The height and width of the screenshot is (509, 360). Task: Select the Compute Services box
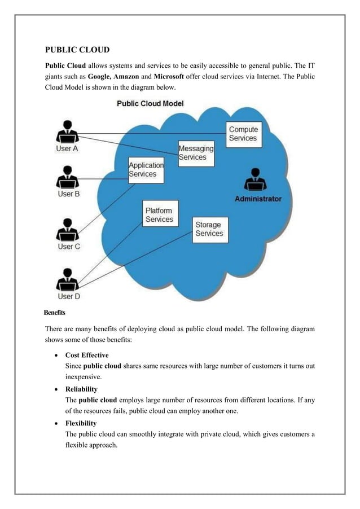tap(243, 134)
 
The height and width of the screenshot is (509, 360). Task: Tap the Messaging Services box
tap(196, 153)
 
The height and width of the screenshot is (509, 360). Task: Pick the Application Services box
tap(146, 170)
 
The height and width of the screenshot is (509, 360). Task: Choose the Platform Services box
tap(160, 214)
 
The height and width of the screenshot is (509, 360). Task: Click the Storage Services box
tap(209, 229)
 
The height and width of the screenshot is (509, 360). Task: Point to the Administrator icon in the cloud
tap(255, 181)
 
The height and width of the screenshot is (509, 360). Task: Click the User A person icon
tap(68, 132)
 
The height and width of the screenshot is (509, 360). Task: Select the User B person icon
tap(68, 177)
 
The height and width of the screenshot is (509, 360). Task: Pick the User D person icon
tap(68, 279)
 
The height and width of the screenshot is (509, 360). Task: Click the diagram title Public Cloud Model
tap(150, 104)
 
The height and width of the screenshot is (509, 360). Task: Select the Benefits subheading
tap(55, 312)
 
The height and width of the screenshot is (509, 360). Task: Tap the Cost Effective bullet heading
tap(87, 355)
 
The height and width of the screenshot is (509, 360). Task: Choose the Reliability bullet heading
tap(81, 389)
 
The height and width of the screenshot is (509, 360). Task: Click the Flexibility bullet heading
tap(81, 423)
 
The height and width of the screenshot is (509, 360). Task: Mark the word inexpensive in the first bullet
tap(84, 376)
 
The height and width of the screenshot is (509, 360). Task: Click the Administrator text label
tap(258, 199)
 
